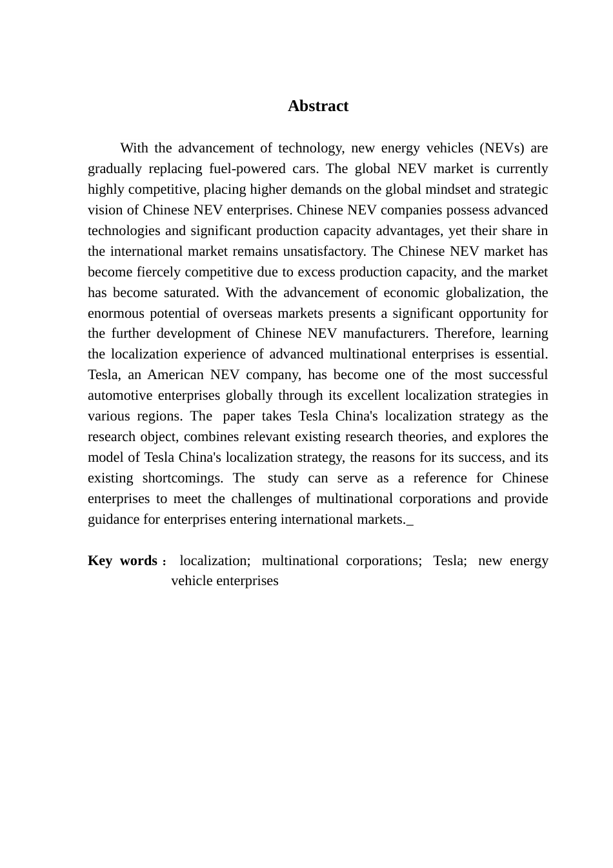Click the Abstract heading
coord(317,106)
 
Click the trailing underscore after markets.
coord(410,521)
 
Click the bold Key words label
coord(123,561)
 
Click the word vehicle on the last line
coord(192,581)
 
